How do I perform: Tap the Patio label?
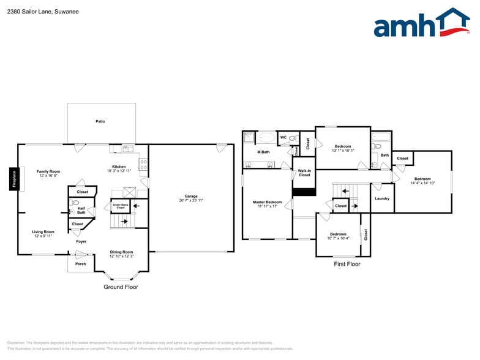tap(100, 121)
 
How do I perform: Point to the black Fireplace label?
tap(13, 179)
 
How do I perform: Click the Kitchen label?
tap(119, 167)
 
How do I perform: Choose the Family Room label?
tap(48, 171)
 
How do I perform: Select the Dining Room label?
tap(121, 252)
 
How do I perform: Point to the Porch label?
tap(80, 263)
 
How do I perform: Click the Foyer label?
tap(81, 241)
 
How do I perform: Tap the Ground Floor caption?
tap(121, 287)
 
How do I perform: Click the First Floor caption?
tap(347, 264)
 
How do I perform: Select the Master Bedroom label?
tap(268, 202)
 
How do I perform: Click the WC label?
tap(283, 137)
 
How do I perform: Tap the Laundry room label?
tap(382, 198)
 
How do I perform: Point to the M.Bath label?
tap(263, 152)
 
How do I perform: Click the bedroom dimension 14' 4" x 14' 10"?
tap(422, 183)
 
